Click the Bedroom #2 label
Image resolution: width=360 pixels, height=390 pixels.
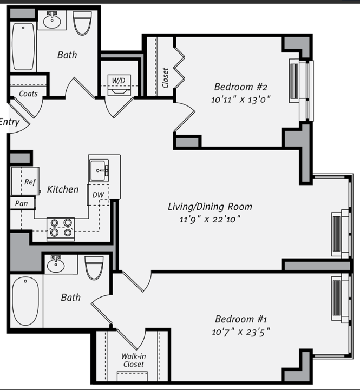point(241,87)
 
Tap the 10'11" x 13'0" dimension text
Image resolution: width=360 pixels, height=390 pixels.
point(241,99)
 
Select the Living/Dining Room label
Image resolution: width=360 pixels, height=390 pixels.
point(210,206)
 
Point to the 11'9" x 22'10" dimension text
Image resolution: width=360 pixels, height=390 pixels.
point(210,219)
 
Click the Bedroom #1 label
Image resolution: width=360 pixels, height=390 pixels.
point(241,319)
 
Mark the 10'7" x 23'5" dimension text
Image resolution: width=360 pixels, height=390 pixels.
point(241,332)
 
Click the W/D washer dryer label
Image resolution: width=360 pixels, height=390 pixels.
point(118,80)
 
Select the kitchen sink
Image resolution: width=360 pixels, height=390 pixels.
point(100,170)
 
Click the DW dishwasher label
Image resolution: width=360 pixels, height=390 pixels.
point(98,195)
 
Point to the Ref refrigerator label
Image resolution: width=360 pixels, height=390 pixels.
point(30,182)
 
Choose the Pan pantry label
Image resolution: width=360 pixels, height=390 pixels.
point(22,204)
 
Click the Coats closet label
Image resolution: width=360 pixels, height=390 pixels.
point(28,94)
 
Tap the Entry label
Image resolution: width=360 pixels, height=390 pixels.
point(10,122)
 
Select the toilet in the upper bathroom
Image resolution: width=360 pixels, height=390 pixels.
point(83,24)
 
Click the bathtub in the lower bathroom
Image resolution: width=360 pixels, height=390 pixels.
point(25,301)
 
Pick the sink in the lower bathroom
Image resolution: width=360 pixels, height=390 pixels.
point(55,265)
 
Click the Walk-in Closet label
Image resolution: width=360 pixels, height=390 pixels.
point(133,360)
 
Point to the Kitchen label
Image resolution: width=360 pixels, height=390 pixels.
point(63,189)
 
